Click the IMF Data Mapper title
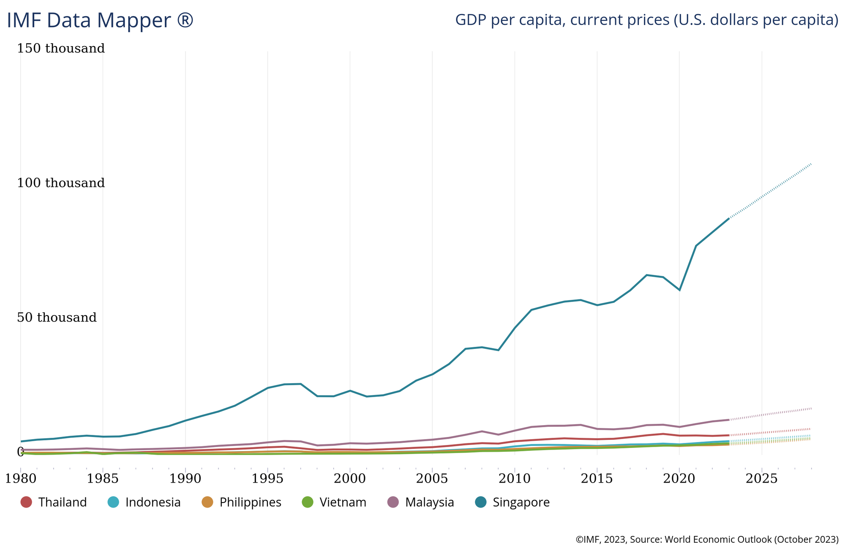click(x=100, y=21)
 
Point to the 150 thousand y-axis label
click(x=61, y=49)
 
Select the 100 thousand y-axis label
click(x=61, y=183)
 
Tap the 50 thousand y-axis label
click(x=57, y=318)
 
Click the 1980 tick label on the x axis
click(x=20, y=479)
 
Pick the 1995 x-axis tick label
click(x=267, y=479)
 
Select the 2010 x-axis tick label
click(x=515, y=479)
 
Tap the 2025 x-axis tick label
click(x=761, y=479)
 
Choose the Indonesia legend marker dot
click(x=113, y=502)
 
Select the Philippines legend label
click(x=250, y=502)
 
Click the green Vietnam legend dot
click(x=308, y=502)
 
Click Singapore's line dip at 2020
click(x=679, y=290)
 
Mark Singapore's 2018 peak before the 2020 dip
click(x=646, y=275)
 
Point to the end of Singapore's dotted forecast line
click(x=811, y=164)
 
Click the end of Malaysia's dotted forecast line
click(x=811, y=408)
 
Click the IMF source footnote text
click(x=707, y=539)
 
